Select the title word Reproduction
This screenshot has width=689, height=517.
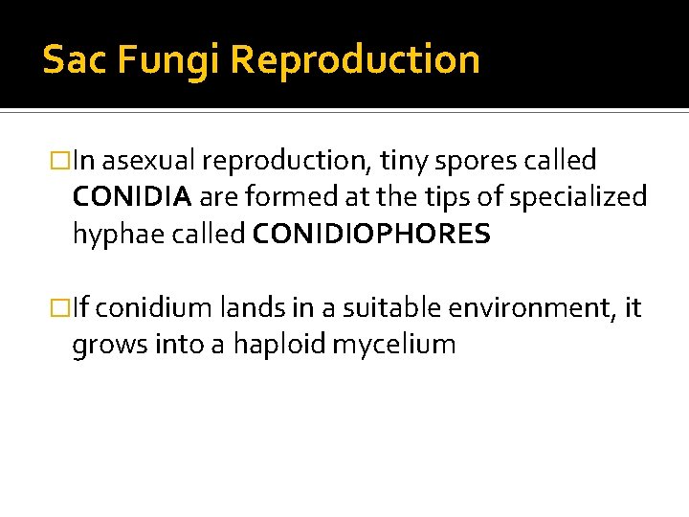click(355, 59)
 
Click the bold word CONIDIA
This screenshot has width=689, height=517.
click(133, 196)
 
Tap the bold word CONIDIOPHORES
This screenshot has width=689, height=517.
click(371, 233)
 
